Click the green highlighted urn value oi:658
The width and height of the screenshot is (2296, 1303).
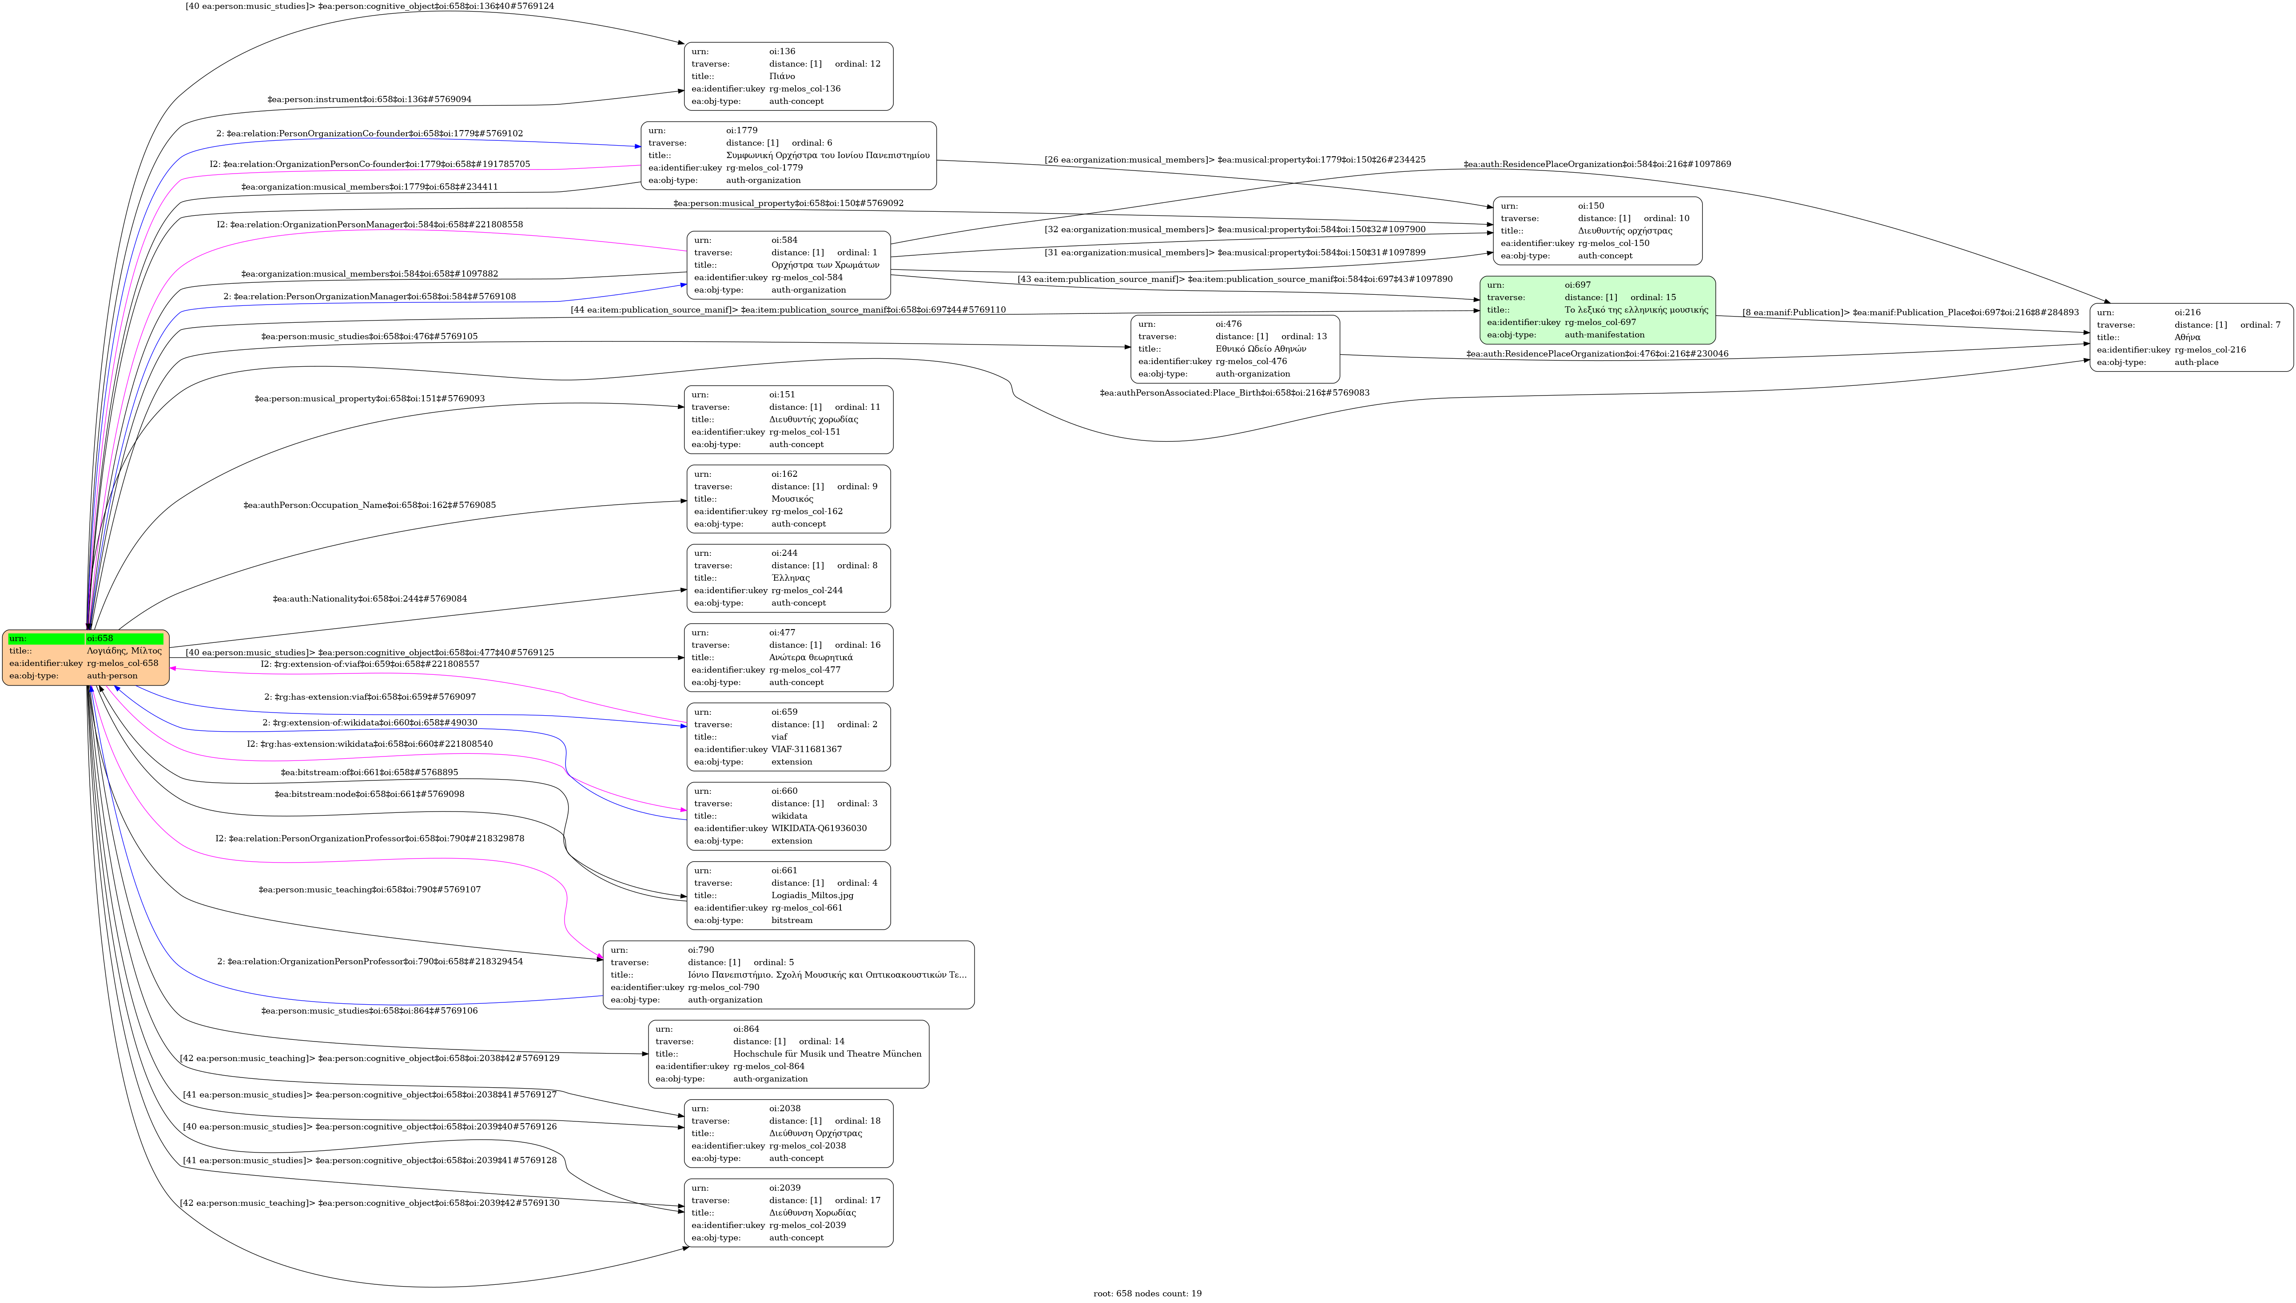99,638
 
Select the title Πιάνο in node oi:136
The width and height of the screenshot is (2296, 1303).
781,76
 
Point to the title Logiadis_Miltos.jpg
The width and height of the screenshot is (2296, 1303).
812,895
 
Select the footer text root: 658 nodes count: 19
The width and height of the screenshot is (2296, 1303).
1147,1293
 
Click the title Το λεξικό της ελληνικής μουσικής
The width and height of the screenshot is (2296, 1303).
1635,309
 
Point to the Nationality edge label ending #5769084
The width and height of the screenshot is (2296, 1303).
370,599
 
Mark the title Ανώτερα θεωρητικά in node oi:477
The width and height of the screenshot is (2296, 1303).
810,657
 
